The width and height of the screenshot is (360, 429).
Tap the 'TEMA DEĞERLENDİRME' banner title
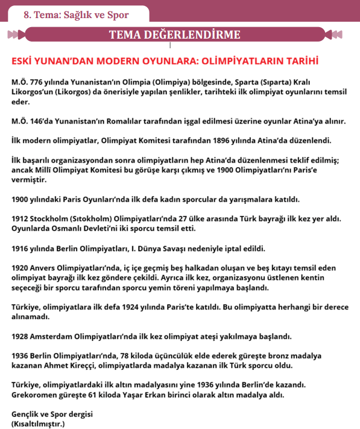[x=174, y=35]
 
